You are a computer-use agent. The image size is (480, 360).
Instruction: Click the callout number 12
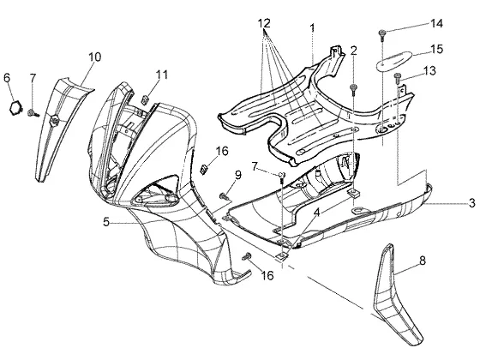tap(264, 23)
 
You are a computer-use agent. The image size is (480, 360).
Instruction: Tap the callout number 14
tap(437, 23)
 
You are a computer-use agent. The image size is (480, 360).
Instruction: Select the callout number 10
tap(95, 57)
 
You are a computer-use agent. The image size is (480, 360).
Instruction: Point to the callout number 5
tap(106, 222)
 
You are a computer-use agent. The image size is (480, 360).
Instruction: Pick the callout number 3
tap(472, 202)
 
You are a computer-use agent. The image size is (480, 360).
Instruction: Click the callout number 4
tap(317, 212)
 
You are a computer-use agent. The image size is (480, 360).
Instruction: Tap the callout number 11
tap(162, 75)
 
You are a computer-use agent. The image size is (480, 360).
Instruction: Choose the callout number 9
tap(238, 175)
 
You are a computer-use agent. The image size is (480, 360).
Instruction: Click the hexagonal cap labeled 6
tap(15, 108)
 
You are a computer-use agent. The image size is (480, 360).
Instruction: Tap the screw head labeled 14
tap(381, 33)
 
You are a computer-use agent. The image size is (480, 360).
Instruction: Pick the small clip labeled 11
tap(145, 99)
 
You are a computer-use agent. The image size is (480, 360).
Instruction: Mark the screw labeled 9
tap(225, 196)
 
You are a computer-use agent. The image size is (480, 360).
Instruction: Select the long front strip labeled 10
tap(60, 129)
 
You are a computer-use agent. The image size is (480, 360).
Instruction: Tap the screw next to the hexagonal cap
tap(33, 113)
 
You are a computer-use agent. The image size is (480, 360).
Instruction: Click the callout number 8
tap(422, 261)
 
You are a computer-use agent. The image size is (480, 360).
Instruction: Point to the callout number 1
tap(312, 28)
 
